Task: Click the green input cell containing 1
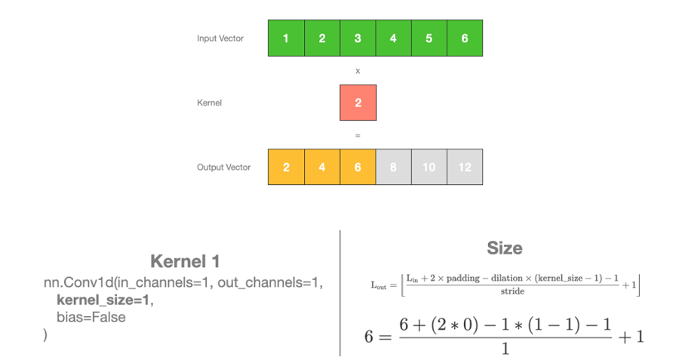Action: coord(286,38)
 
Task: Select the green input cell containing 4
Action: coord(393,38)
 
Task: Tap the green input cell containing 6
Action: coord(465,38)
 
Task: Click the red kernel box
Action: coord(358,103)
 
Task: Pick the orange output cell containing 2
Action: coord(286,167)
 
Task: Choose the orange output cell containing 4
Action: coord(322,167)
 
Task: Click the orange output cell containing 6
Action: coord(358,167)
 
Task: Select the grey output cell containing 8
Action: coord(393,167)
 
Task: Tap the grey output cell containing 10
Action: coord(429,167)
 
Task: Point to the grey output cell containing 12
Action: coord(465,167)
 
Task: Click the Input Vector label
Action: coord(220,38)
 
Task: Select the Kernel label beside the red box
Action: coord(209,103)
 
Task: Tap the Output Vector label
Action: coord(224,167)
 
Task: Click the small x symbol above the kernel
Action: coord(358,71)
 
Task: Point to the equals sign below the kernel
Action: coord(358,136)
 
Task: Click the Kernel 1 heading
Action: coord(185,262)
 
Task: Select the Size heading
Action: coord(505,248)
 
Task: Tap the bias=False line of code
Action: coord(91,317)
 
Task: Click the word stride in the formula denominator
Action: coord(512,291)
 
